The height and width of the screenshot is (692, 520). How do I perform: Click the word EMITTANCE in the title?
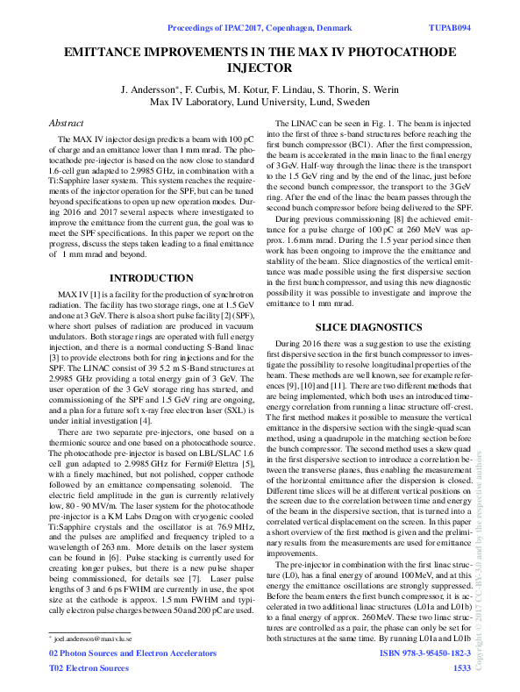point(110,52)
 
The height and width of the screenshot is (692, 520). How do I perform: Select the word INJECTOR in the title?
point(259,68)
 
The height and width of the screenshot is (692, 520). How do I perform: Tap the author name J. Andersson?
point(149,89)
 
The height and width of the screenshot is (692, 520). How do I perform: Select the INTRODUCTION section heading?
point(146,277)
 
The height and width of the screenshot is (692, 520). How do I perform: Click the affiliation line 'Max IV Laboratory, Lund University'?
point(260,103)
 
